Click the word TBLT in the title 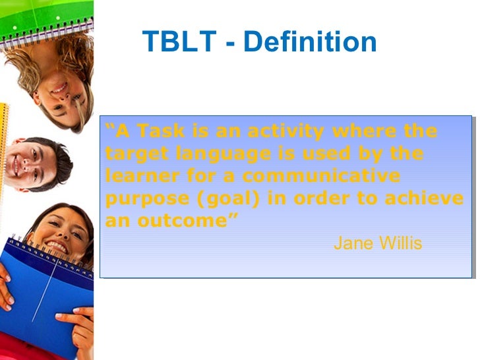pos(179,43)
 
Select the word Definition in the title pos(310,43)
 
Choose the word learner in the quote pos(136,177)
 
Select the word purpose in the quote pos(138,199)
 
